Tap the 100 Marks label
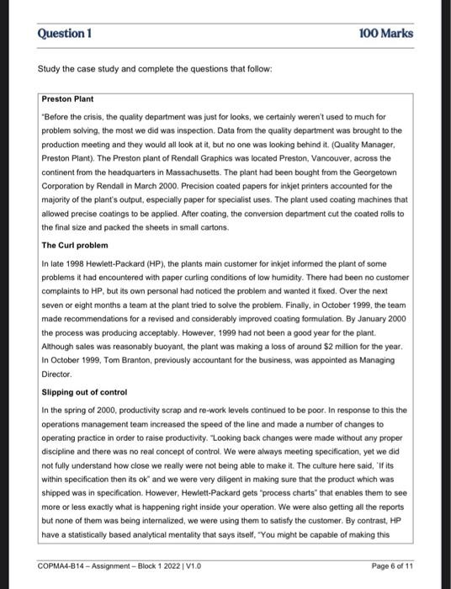click(385, 34)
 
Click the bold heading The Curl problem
click(76, 245)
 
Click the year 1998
click(74, 263)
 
